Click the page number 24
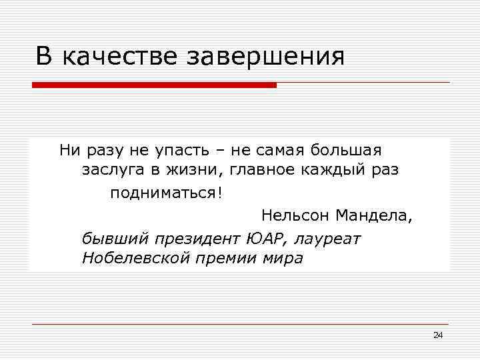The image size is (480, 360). (x=437, y=335)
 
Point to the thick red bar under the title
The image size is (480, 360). (x=154, y=85)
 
